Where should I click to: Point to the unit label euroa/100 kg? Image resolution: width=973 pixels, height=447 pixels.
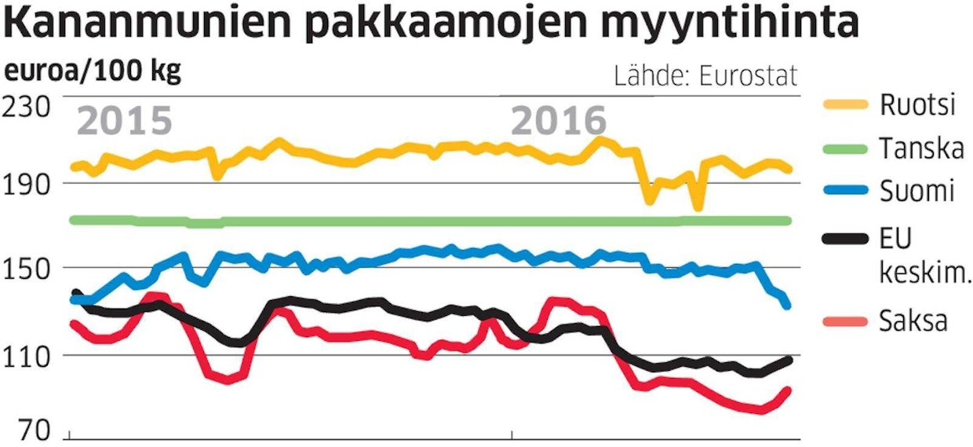[93, 72]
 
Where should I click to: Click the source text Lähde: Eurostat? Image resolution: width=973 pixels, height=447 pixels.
[705, 76]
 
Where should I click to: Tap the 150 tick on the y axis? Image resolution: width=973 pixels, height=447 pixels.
[28, 268]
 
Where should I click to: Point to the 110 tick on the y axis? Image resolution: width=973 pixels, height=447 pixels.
[28, 355]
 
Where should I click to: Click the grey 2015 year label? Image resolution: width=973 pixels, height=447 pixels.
[125, 122]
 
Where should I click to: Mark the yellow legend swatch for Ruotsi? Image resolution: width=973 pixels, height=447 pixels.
[843, 105]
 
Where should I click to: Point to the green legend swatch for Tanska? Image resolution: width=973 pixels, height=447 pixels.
[843, 148]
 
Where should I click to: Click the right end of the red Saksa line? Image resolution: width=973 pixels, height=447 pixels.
[788, 390]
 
